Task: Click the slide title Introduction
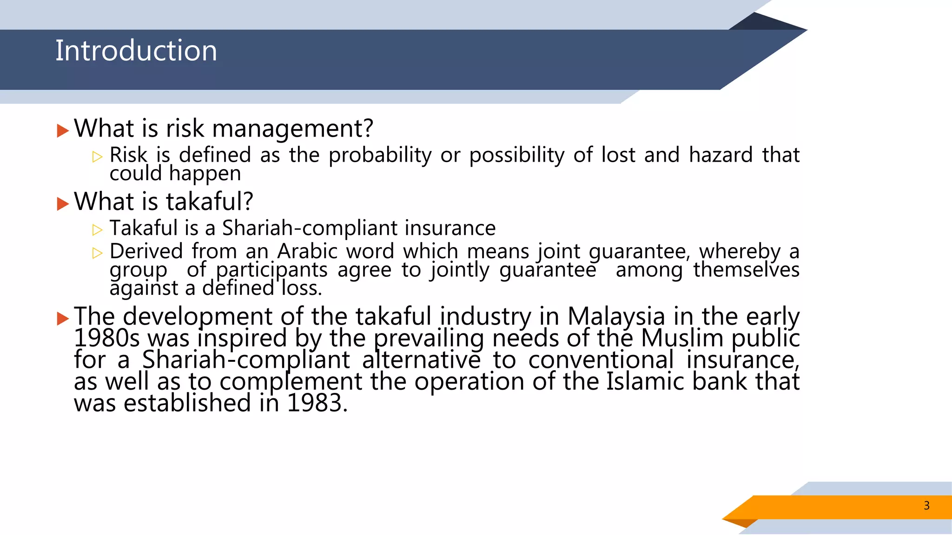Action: pos(136,51)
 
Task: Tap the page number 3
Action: pos(926,506)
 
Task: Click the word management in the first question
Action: pos(292,129)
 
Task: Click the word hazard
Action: pos(721,155)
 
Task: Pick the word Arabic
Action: pos(307,252)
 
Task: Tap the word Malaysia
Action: pos(616,317)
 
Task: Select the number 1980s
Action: pos(106,338)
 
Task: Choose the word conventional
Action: pos(601,360)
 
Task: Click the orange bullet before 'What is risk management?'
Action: pos(63,130)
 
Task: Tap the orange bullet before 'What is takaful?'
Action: pos(63,203)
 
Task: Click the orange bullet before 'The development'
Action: pos(63,319)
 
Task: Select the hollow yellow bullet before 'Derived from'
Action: pos(97,253)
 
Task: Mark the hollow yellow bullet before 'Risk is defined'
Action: pos(97,157)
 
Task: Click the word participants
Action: pos(271,270)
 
